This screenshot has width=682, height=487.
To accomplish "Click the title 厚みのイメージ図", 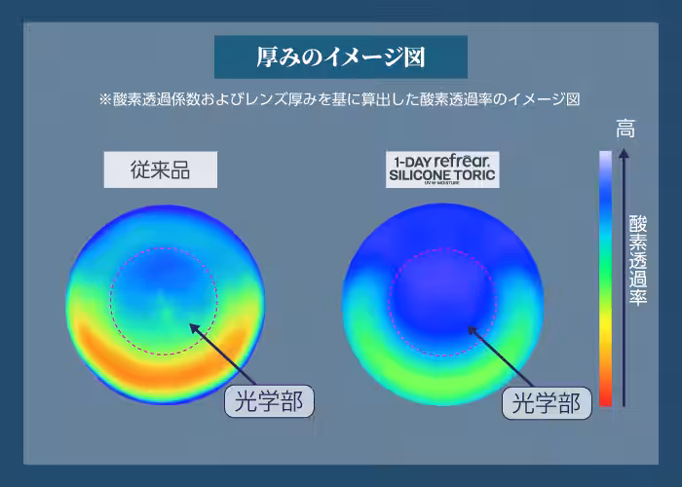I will (x=340, y=56).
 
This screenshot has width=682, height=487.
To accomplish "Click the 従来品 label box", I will (x=160, y=171).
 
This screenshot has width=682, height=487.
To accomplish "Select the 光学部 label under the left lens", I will (x=270, y=400).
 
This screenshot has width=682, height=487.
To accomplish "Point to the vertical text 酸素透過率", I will (x=638, y=260).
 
